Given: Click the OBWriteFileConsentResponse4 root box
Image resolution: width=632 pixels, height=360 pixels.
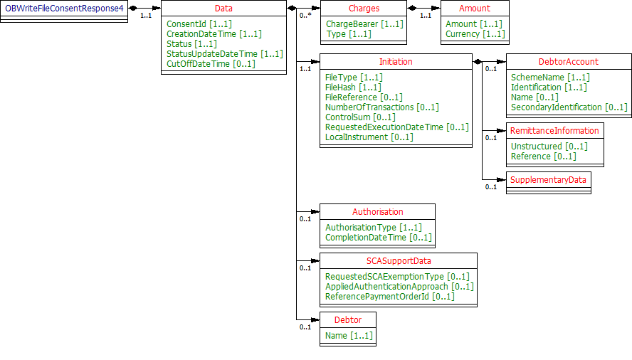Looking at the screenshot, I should [x=64, y=8].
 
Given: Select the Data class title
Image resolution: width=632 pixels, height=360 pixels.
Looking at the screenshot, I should [x=223, y=9].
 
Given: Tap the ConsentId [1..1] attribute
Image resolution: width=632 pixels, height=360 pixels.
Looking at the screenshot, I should [x=199, y=24].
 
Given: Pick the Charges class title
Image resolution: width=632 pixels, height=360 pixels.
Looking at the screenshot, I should [x=363, y=9].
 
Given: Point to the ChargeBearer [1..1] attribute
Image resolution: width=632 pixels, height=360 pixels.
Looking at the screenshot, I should [x=364, y=24].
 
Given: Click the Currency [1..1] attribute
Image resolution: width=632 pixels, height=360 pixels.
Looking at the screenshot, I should [x=475, y=34].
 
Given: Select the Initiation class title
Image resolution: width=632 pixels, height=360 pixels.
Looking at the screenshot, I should [x=396, y=62].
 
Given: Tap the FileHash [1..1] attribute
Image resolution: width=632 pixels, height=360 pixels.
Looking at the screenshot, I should [x=354, y=88].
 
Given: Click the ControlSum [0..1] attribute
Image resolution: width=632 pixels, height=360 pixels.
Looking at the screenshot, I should [x=360, y=117].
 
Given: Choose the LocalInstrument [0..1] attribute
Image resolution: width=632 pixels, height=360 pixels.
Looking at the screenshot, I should [x=369, y=137].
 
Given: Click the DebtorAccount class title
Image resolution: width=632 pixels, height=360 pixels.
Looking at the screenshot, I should [x=568, y=62].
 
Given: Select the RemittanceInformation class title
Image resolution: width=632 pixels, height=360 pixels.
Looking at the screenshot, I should [x=554, y=131].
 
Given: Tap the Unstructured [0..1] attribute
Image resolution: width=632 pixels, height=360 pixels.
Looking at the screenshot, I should [x=549, y=147].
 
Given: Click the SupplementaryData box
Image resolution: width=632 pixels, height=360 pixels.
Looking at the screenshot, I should [x=548, y=180].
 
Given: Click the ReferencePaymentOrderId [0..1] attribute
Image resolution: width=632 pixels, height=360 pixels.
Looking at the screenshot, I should [x=389, y=297].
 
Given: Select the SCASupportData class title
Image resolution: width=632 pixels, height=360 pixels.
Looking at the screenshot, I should [x=398, y=261].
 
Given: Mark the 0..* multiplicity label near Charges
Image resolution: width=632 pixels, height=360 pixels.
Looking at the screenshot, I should [x=305, y=14].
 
